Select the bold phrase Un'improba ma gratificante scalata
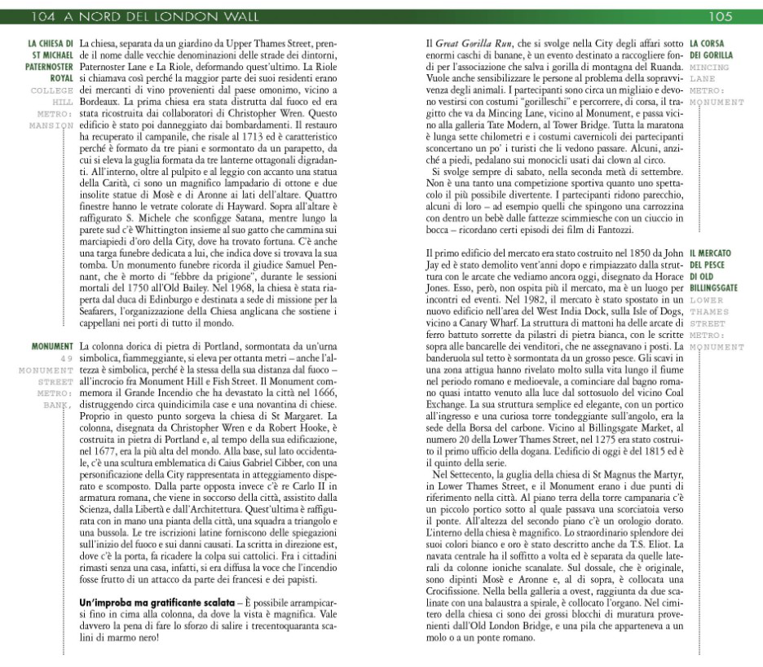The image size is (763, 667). [x=136, y=602]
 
